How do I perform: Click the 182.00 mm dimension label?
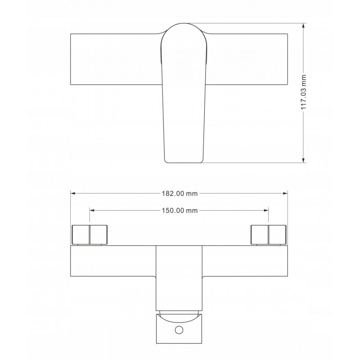point(180,193)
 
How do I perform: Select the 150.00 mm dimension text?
point(180,211)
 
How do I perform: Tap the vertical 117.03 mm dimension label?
point(303,92)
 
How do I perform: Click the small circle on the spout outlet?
point(179,330)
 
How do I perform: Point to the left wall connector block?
point(90,234)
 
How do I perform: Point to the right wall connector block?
point(268,234)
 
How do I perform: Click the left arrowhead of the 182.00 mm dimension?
point(73,193)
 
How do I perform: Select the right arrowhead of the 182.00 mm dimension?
point(285,193)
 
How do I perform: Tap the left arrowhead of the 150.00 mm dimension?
point(92,210)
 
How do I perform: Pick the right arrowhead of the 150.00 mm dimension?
point(266,210)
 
